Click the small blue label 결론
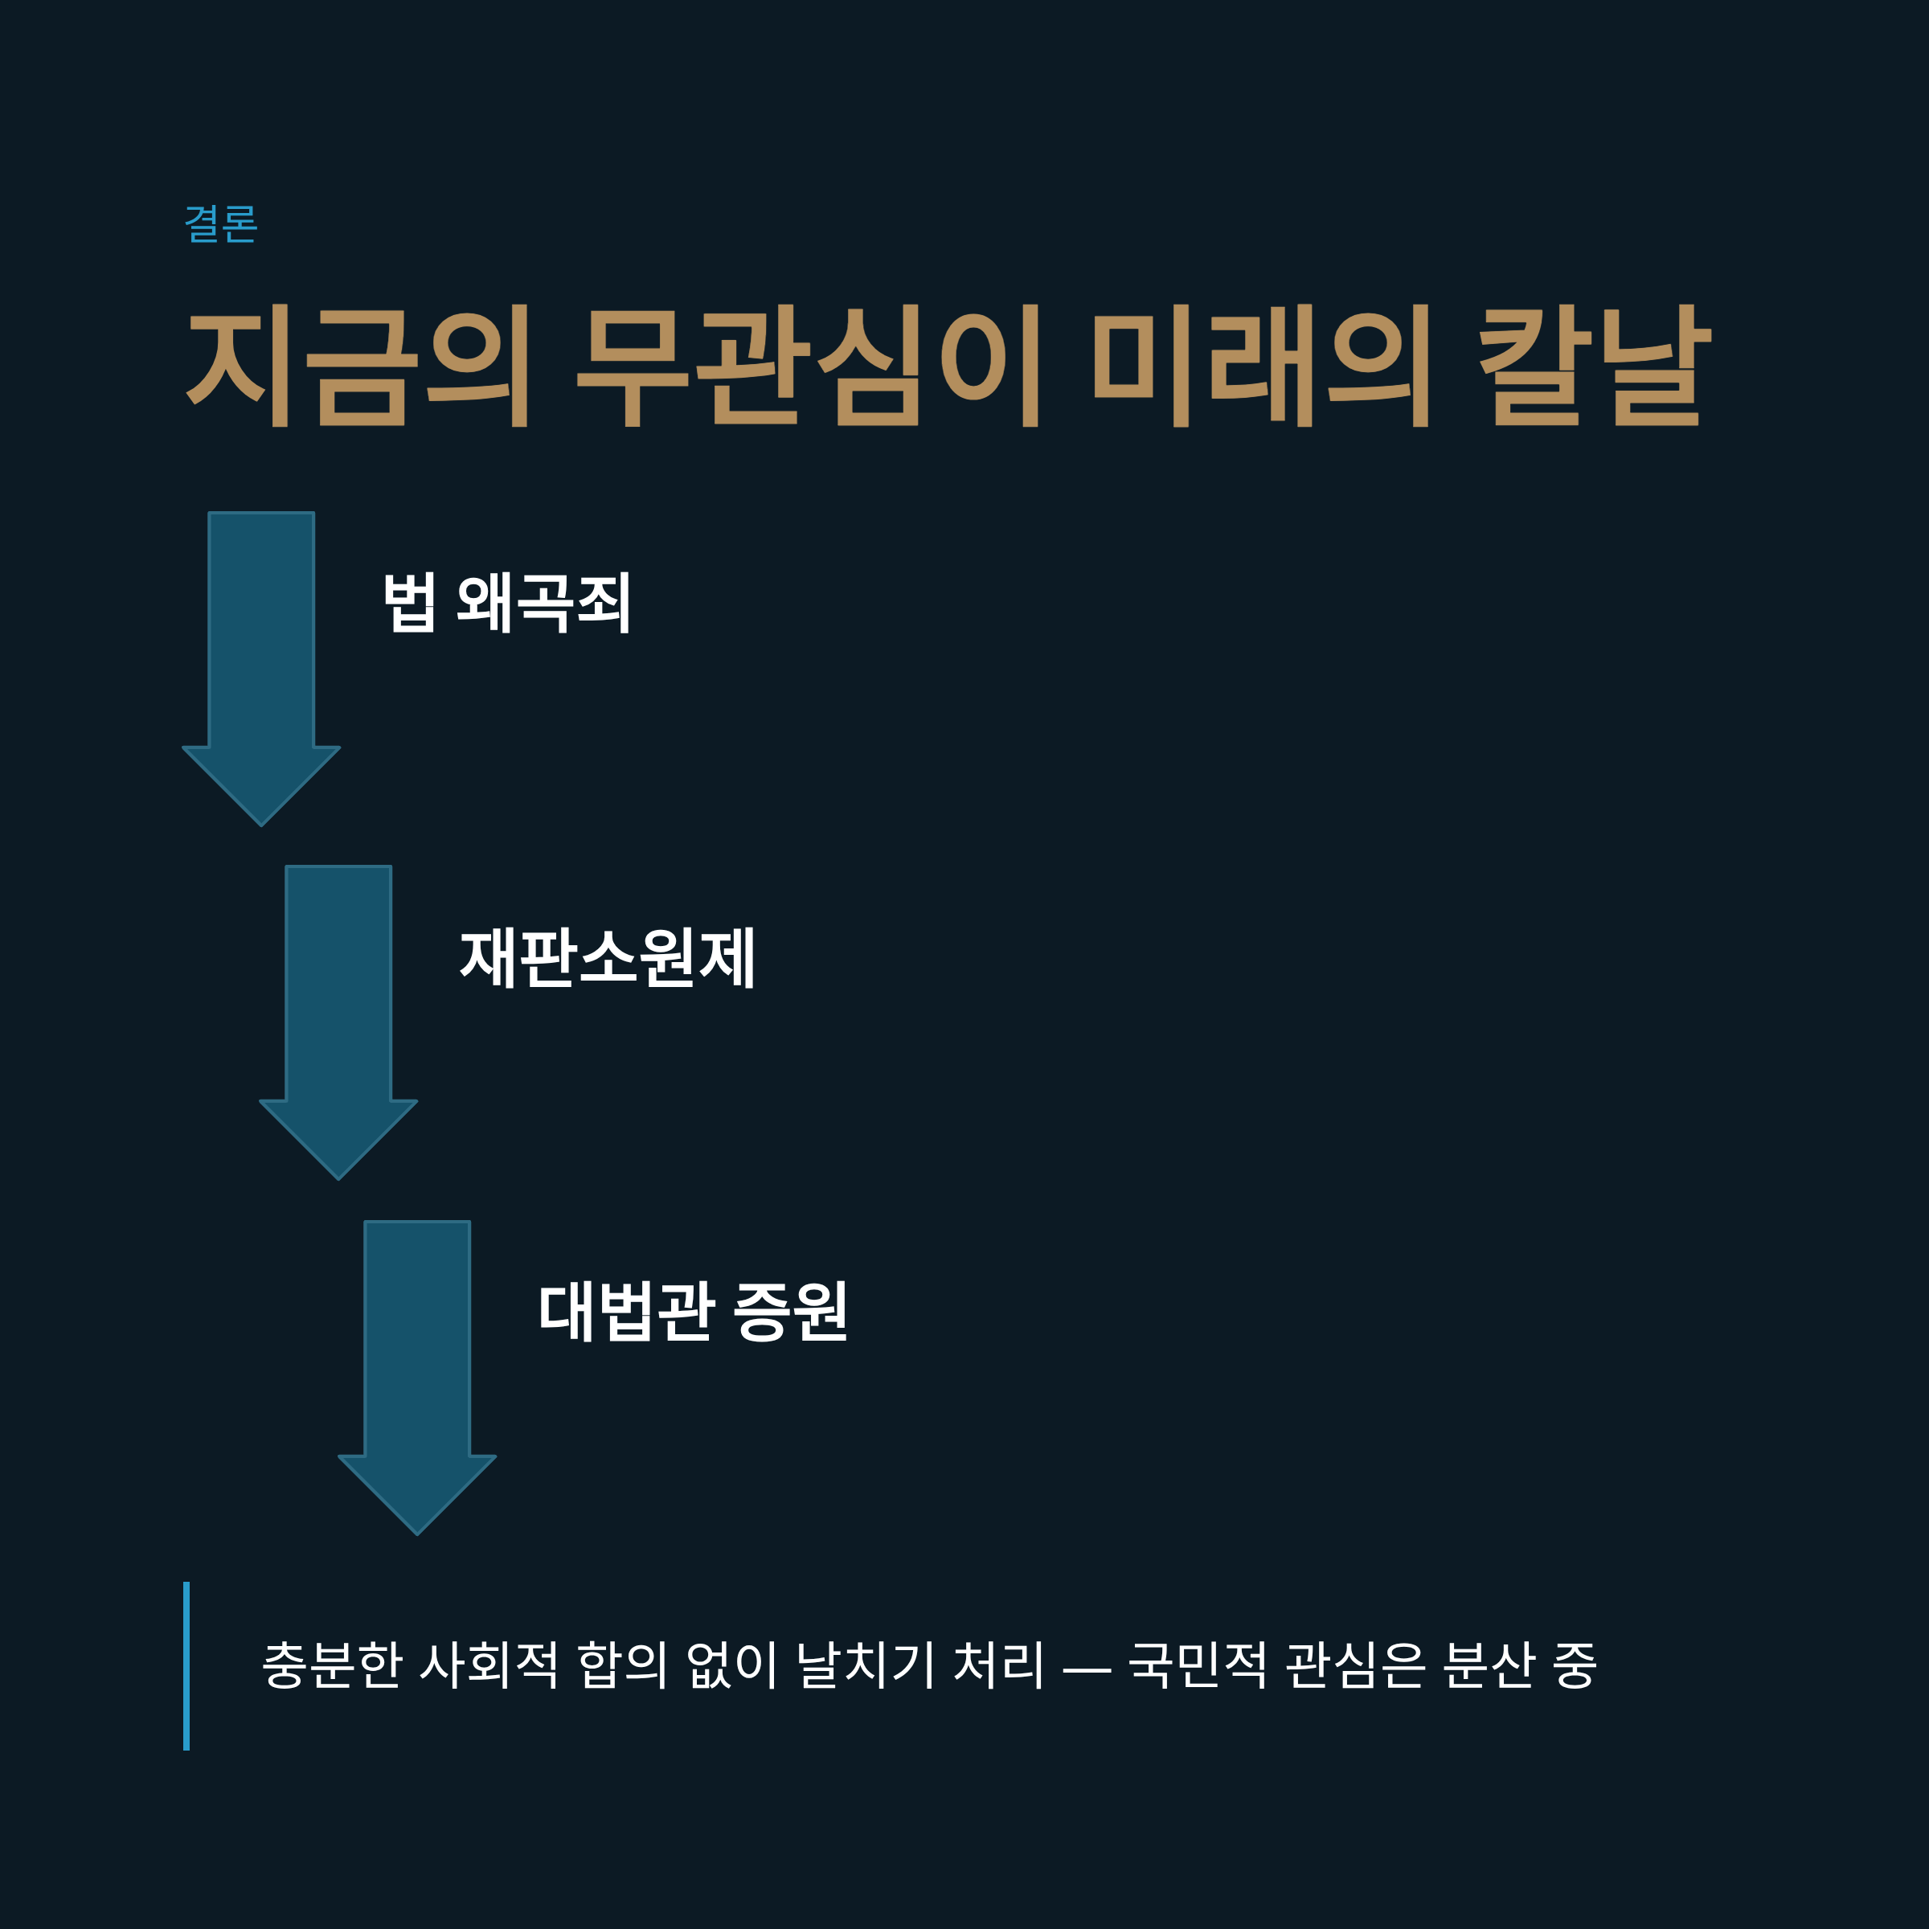(221, 223)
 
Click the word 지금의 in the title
(358, 366)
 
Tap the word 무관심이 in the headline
(809, 366)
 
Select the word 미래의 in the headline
(1262, 366)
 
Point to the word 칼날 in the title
(1595, 366)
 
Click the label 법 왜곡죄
(506, 602)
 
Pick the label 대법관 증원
(693, 1311)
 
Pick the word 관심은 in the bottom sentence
(1356, 1665)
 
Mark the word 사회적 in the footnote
(489, 1665)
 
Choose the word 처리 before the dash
(998, 1665)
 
